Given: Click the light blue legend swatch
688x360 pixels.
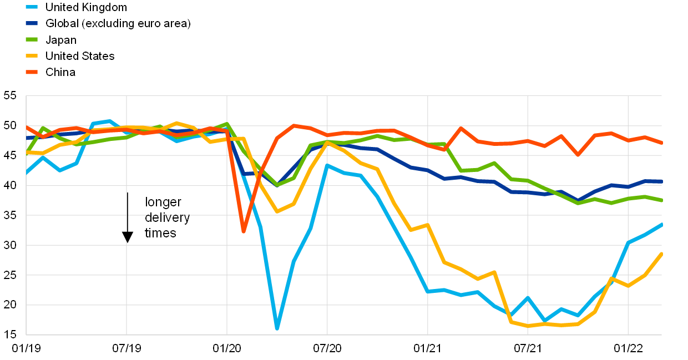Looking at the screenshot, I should tap(32, 7).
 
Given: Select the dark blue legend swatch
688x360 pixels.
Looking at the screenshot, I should tap(32, 23).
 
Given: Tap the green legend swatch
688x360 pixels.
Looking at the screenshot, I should tap(32, 39).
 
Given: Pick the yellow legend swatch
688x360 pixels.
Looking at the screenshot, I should tap(32, 55).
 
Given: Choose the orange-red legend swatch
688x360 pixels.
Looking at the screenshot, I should tap(32, 72).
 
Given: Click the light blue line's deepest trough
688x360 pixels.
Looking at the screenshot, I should tap(276, 328).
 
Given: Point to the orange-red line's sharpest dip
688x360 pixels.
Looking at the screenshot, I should tap(243, 231).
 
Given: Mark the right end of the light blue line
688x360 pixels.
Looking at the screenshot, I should tap(661, 224).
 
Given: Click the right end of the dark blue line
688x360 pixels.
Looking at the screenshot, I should tap(661, 181).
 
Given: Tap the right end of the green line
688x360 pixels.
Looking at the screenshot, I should tap(661, 200).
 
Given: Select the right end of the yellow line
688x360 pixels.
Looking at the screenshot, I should tap(661, 253).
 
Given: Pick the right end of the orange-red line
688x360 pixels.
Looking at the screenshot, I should tap(661, 143).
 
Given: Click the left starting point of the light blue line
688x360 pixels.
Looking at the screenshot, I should tap(27, 173).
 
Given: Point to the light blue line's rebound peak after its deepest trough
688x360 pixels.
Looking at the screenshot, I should tap(327, 165).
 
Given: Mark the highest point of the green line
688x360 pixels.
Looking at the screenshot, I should tap(226, 124).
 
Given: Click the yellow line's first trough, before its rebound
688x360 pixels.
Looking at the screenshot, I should tap(276, 211).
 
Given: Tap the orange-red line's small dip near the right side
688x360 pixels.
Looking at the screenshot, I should tap(578, 155).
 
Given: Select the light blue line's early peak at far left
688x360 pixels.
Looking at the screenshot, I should tap(109, 121).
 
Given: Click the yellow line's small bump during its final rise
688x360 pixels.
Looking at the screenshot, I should tap(611, 278).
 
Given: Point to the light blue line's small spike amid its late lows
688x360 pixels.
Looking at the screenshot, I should tap(528, 297).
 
